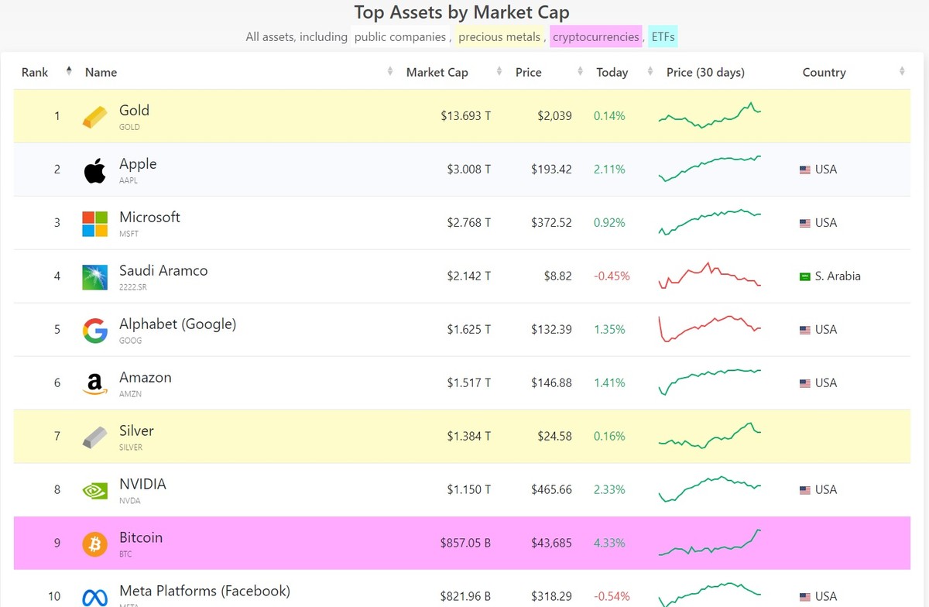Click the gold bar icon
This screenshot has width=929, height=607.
(95, 117)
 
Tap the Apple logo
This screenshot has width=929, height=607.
(95, 170)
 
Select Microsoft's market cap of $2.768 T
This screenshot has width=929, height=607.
(468, 223)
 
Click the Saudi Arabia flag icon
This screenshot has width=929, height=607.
(805, 276)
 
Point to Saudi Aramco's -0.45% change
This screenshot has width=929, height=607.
(612, 276)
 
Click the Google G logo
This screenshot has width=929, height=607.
(95, 331)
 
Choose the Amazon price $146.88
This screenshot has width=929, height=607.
(551, 383)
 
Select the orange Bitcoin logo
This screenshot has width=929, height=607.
(95, 544)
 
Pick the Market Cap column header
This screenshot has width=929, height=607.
(437, 73)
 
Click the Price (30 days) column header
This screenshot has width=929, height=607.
(705, 73)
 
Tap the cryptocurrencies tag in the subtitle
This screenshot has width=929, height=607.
(595, 37)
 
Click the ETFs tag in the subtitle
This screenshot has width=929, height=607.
(663, 37)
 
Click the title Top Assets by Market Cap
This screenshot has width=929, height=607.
(461, 12)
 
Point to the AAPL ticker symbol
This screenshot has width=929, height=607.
(129, 180)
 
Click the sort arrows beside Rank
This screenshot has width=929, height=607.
(69, 72)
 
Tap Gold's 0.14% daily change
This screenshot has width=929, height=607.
(609, 116)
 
